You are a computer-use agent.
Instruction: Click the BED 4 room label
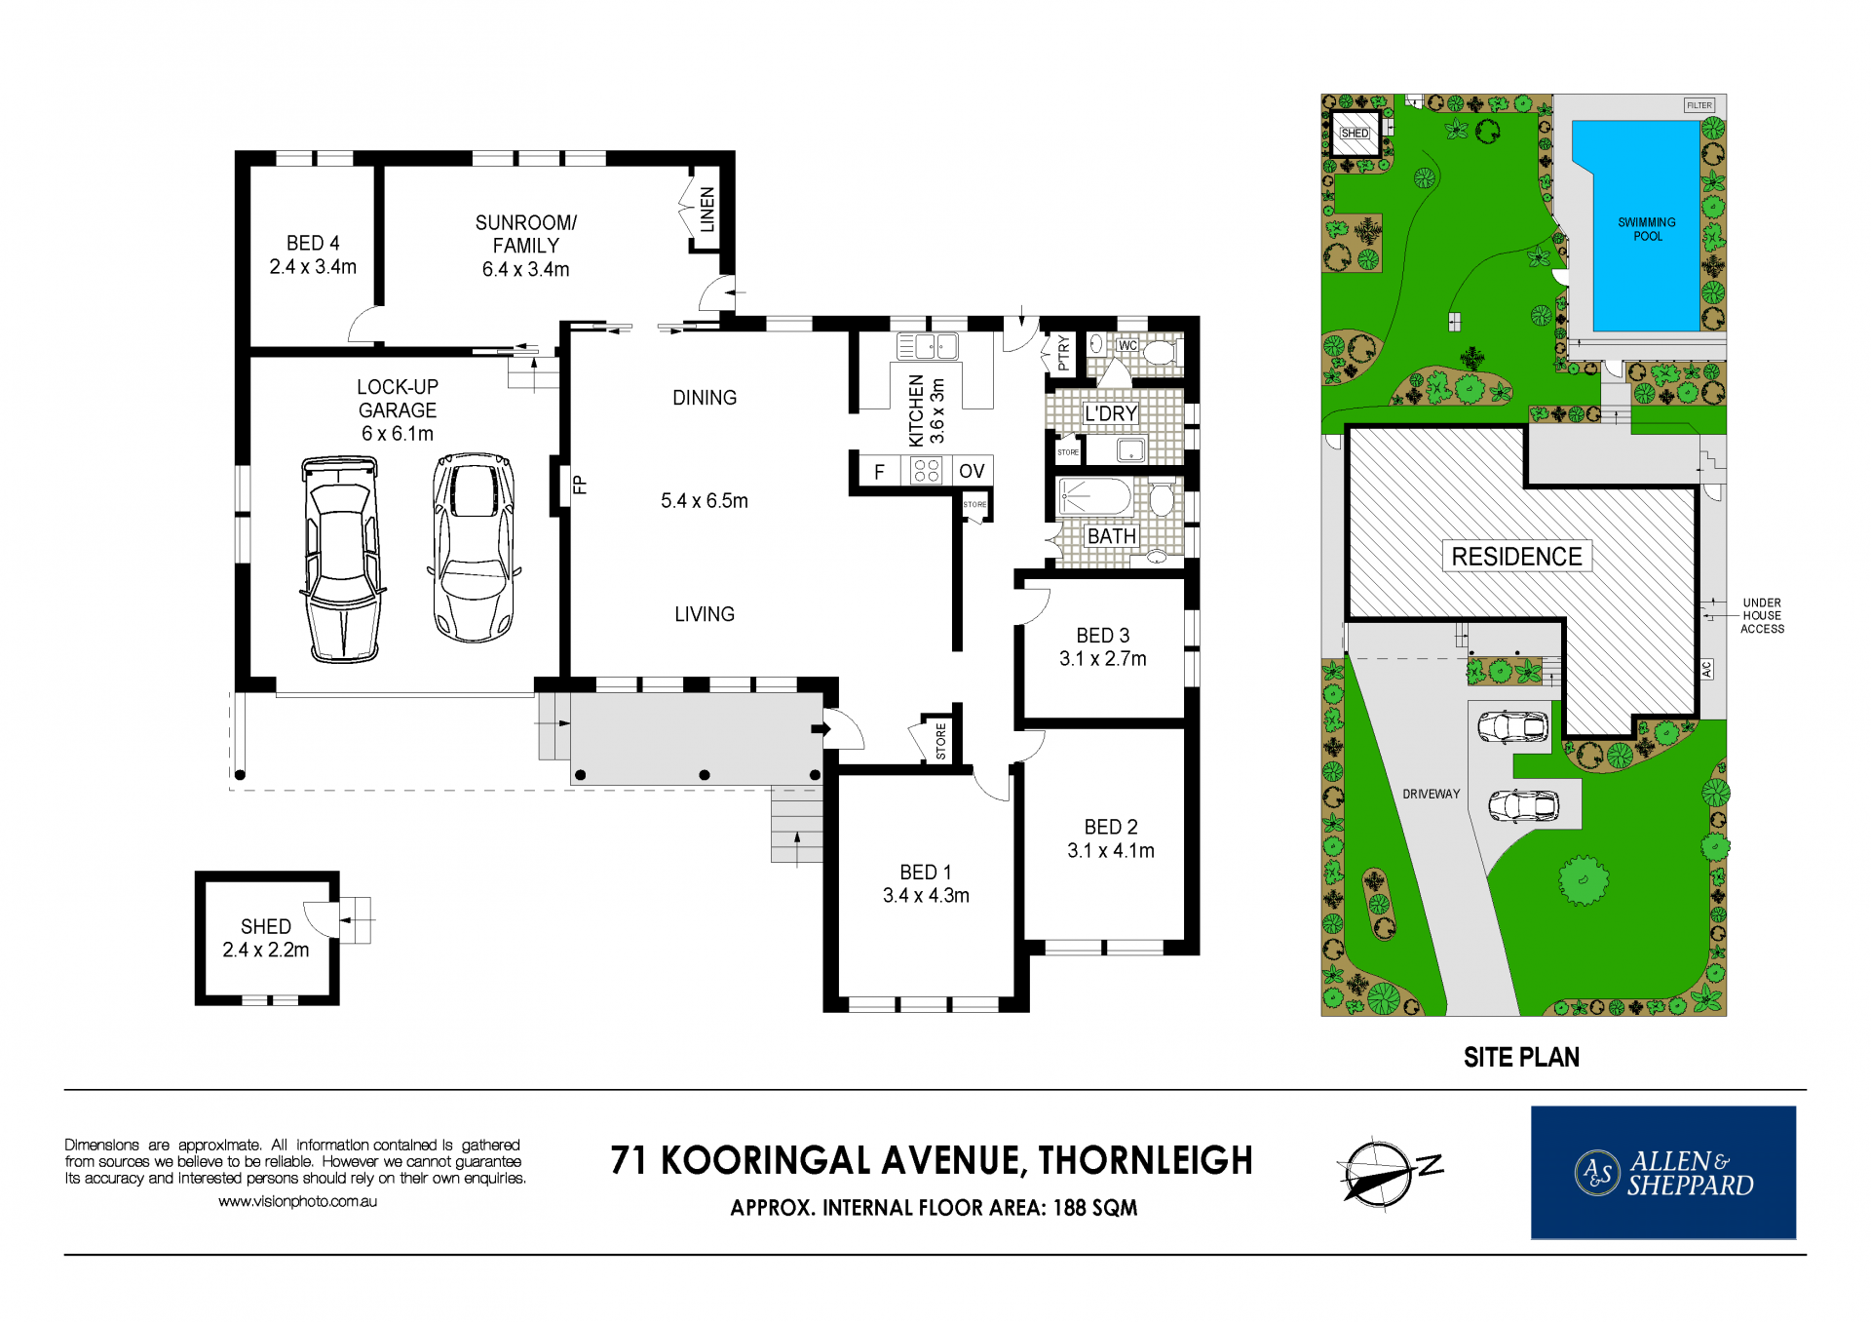[313, 244]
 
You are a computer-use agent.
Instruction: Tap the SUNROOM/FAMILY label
[526, 234]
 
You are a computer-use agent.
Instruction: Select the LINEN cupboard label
[707, 210]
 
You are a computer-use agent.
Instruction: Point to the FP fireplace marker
[579, 485]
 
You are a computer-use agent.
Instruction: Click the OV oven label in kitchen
[972, 472]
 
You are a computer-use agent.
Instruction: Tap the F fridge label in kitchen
[879, 473]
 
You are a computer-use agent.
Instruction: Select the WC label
[1127, 345]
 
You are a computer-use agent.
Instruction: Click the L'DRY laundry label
[1111, 413]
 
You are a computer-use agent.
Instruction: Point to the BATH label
[1112, 536]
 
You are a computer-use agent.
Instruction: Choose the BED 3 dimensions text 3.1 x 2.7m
[1103, 659]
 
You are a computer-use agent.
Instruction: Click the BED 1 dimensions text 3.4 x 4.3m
[926, 896]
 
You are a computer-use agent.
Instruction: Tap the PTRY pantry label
[1063, 353]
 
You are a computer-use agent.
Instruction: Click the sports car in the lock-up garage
[474, 546]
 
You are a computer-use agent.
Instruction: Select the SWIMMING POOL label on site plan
[1647, 229]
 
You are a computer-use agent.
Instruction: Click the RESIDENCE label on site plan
[1516, 557]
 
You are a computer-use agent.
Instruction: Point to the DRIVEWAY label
[1432, 795]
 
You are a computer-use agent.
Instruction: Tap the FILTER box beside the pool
[1699, 105]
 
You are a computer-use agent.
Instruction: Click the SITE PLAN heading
[1521, 1058]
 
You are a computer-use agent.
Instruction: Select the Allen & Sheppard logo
[1663, 1173]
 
